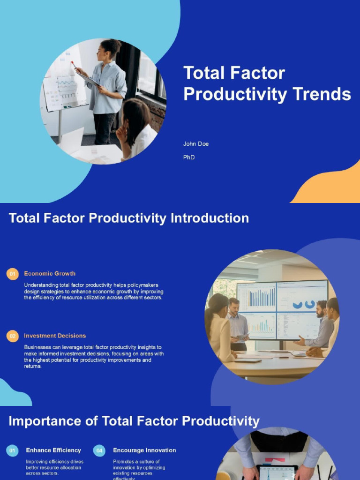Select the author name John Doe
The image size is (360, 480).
pos(196,144)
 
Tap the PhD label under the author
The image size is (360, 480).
pos(189,157)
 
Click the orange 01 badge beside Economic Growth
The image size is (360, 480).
pos(13,274)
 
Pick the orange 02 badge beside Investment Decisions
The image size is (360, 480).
pos(13,336)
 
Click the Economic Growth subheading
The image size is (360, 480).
pos(50,274)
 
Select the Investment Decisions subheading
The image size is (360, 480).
pos(55,336)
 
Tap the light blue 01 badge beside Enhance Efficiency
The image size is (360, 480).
pos(13,450)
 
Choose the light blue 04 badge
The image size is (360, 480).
pos(99,450)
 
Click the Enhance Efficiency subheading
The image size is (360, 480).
pos(53,450)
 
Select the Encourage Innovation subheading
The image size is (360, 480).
pos(144,450)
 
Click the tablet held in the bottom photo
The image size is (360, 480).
pos(277,472)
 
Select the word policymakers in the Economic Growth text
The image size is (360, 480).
pos(143,285)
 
